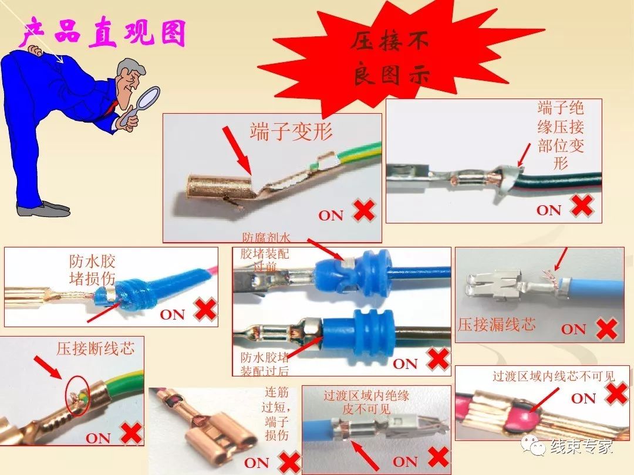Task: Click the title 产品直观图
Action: click(x=103, y=33)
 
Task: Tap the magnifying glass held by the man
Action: click(x=146, y=97)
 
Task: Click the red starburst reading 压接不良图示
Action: click(x=391, y=59)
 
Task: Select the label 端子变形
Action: click(x=291, y=131)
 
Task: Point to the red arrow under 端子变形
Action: click(x=235, y=149)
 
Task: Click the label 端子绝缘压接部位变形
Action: click(x=561, y=135)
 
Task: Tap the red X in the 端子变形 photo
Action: click(x=363, y=211)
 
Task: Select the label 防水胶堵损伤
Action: click(x=92, y=270)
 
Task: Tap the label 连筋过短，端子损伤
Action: click(x=276, y=413)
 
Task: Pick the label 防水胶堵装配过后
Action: click(x=265, y=364)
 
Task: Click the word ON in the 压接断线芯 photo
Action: click(x=98, y=437)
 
